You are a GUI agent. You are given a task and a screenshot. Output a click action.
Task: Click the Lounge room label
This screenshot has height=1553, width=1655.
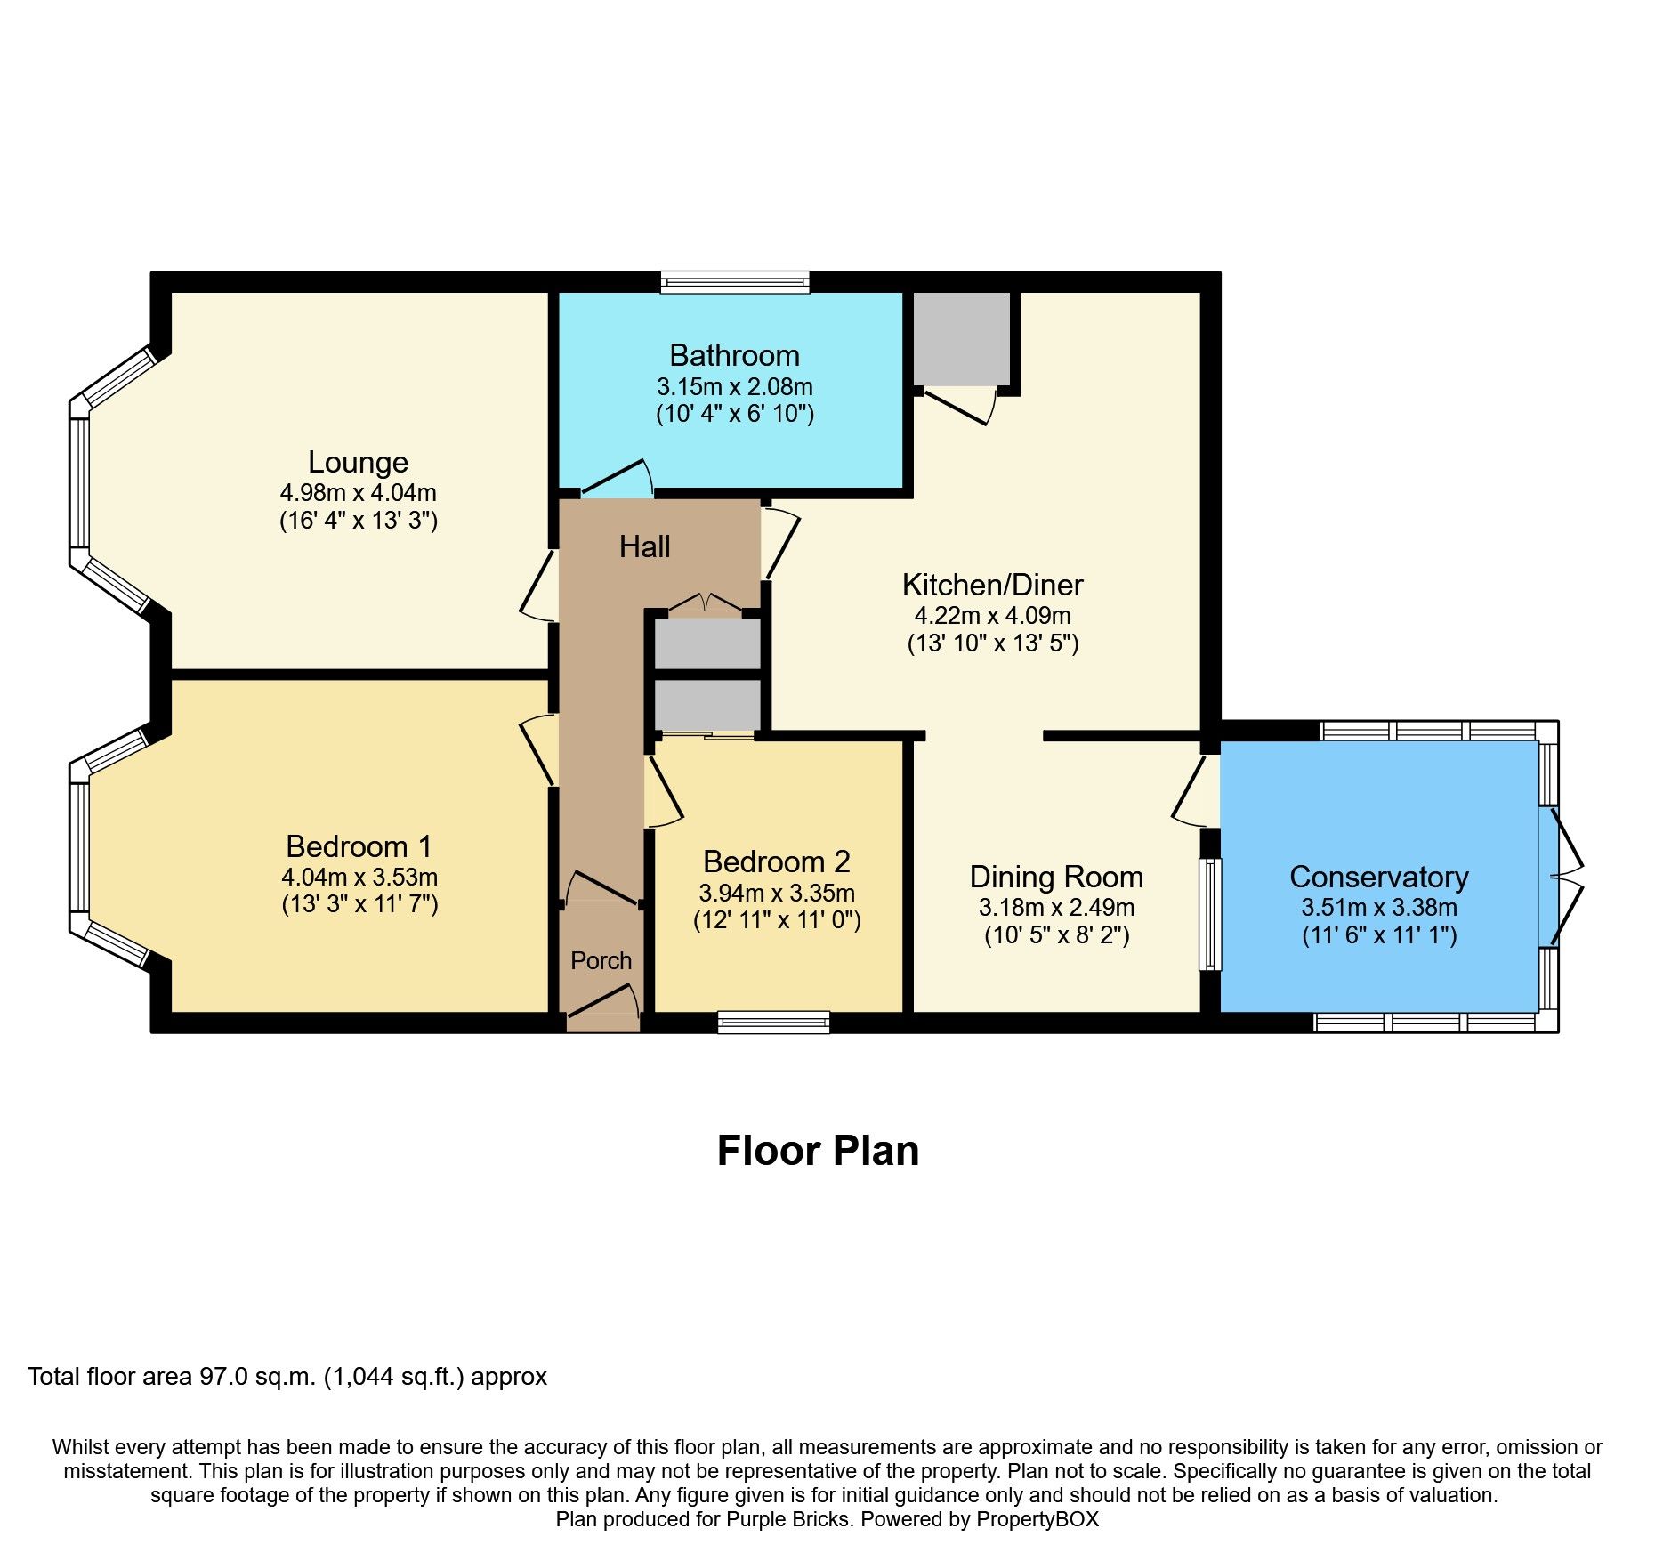point(358,462)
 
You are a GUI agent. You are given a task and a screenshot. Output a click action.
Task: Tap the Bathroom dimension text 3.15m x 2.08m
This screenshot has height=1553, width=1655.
point(735,387)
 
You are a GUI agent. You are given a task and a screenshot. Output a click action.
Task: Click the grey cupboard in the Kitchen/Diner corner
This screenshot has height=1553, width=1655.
point(962,339)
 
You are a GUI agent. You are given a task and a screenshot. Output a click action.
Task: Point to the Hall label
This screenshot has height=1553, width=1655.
point(644,546)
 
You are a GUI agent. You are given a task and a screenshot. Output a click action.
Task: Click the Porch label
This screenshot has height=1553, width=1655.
point(601,961)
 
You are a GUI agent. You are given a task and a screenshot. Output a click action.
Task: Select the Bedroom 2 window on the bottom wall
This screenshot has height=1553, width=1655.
point(773,1022)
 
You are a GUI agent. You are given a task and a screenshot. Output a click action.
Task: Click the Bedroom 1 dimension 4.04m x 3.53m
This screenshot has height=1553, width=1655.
point(359,878)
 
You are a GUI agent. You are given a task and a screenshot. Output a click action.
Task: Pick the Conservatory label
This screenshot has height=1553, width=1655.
point(1378,877)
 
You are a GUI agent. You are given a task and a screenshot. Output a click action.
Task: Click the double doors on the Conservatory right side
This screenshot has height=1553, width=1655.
point(1566,877)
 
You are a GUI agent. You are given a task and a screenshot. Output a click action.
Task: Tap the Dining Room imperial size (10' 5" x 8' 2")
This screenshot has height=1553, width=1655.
point(1056,935)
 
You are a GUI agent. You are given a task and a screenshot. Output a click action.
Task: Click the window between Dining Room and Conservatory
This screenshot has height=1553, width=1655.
point(1210,914)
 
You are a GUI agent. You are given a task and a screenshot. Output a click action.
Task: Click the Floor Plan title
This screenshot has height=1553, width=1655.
point(818,1151)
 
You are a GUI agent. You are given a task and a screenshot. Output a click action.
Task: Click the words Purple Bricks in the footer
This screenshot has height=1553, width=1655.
point(787,1519)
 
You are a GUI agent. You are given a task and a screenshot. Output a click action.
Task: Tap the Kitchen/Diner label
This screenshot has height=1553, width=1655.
point(992,585)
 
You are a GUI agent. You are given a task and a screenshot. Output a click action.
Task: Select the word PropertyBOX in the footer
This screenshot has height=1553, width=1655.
point(1037,1519)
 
